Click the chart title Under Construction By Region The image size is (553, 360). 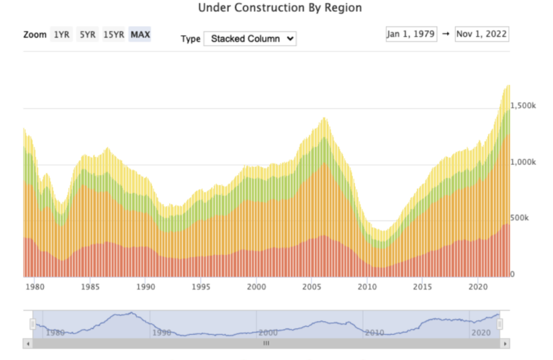279,8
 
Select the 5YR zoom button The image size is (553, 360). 87,35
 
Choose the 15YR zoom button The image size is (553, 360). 114,35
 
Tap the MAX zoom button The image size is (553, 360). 140,35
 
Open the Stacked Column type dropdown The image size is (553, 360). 250,39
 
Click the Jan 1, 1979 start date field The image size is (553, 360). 411,34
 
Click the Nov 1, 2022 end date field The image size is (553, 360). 482,34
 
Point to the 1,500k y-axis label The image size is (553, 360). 523,105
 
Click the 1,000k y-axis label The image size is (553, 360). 523,162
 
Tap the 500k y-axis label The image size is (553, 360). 521,217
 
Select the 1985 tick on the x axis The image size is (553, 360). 90,287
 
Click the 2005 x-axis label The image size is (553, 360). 313,287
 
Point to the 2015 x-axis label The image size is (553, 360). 423,287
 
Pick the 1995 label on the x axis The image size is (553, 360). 201,287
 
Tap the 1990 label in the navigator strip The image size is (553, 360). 162,333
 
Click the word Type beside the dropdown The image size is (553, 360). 190,39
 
